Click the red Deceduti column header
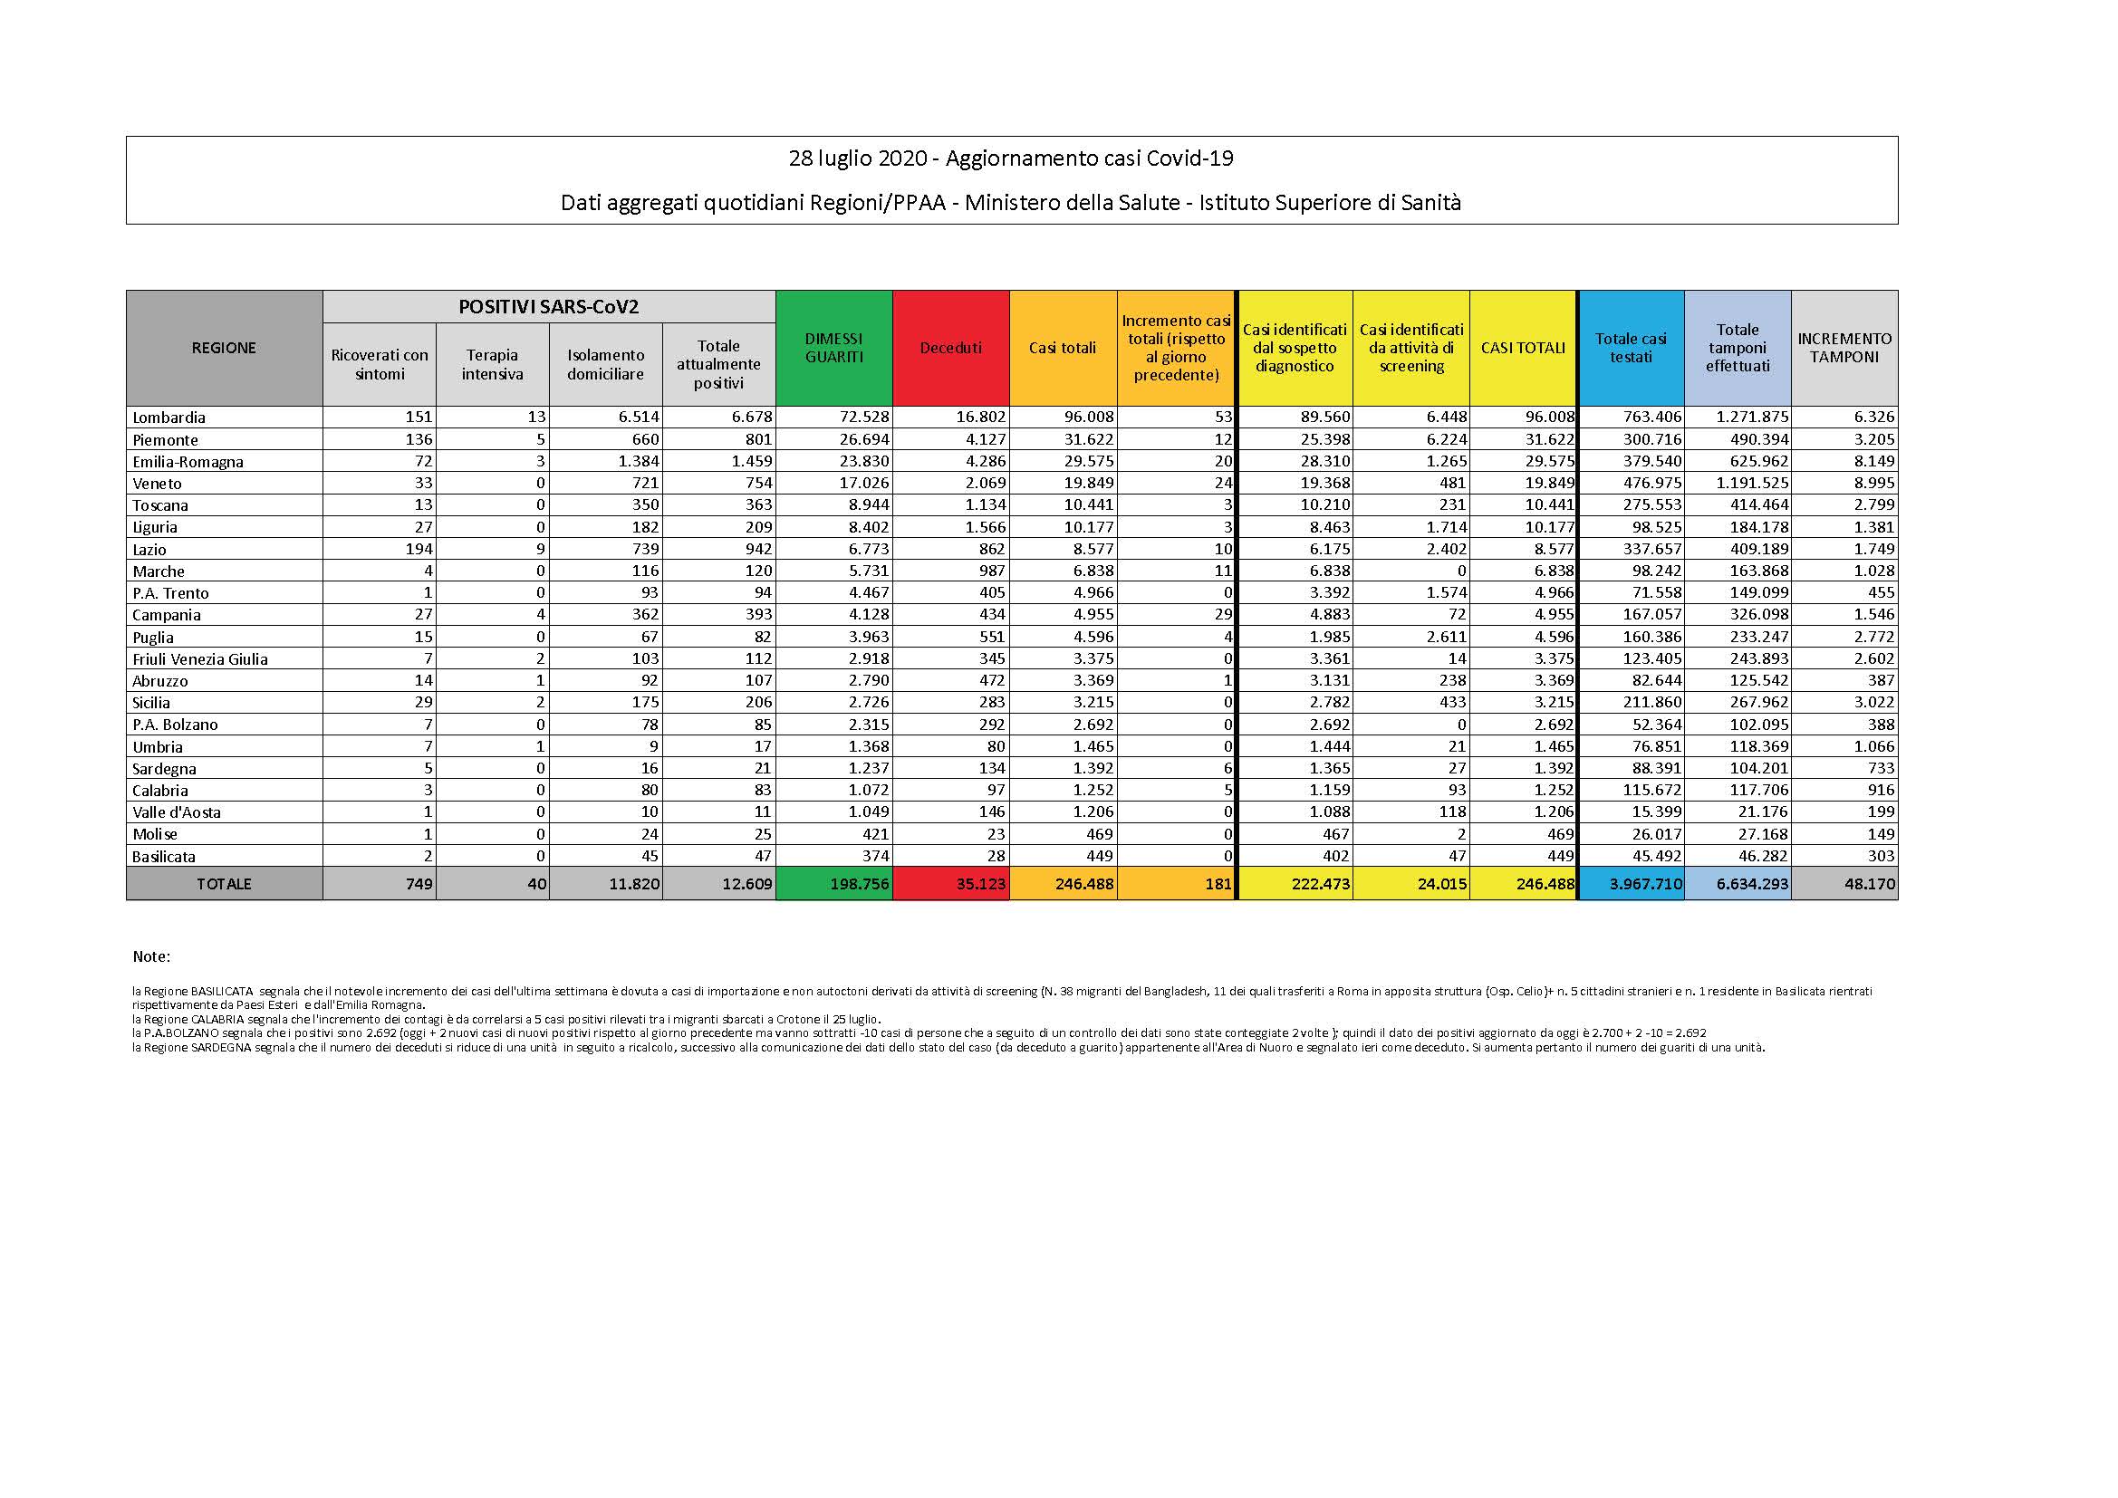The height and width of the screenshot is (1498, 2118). pyautogui.click(x=950, y=348)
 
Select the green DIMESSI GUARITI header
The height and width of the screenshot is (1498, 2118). pyautogui.click(x=834, y=348)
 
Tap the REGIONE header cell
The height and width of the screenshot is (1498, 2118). pyautogui.click(x=224, y=348)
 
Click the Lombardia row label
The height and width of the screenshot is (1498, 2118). pyautogui.click(x=168, y=417)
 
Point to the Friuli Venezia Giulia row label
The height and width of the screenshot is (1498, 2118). pyautogui.click(x=200, y=658)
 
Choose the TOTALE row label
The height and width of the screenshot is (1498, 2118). pyautogui.click(x=224, y=884)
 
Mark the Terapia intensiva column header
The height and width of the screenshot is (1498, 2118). pyautogui.click(x=493, y=364)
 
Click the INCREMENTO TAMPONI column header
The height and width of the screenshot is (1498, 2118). pyautogui.click(x=1844, y=348)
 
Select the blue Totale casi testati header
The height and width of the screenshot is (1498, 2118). pyautogui.click(x=1631, y=348)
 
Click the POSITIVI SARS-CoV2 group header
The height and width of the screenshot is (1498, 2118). pyautogui.click(x=549, y=307)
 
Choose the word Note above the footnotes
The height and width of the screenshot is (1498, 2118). pyautogui.click(x=151, y=956)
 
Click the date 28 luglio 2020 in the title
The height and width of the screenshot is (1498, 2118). pyautogui.click(x=857, y=158)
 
